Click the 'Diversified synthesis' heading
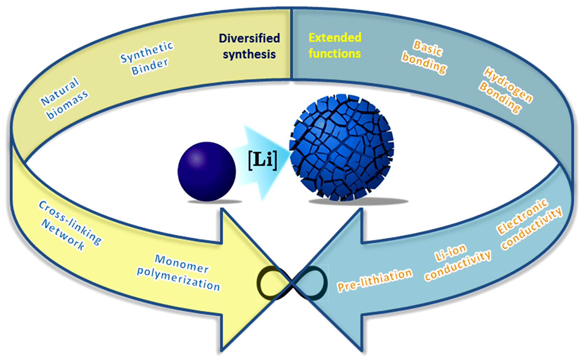(249, 46)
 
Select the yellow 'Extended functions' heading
(334, 45)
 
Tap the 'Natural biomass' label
(64, 98)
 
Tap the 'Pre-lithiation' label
(375, 280)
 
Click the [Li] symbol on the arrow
(262, 160)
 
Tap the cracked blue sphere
(341, 148)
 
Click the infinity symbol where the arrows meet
(292, 283)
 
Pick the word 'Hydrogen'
(508, 85)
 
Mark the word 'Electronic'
(522, 216)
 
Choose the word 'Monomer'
(181, 264)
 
